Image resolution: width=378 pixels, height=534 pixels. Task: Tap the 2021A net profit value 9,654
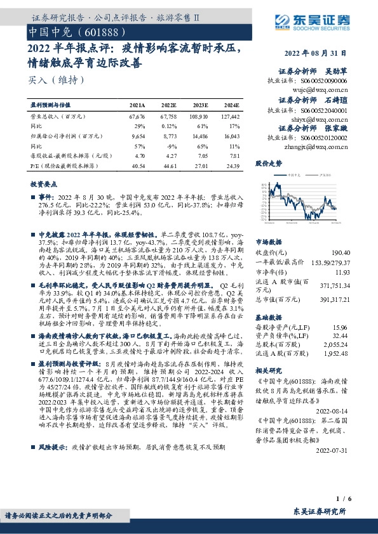point(138,136)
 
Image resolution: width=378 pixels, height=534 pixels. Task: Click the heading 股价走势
point(268,163)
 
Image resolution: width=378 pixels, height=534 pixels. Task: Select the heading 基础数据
point(268,317)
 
